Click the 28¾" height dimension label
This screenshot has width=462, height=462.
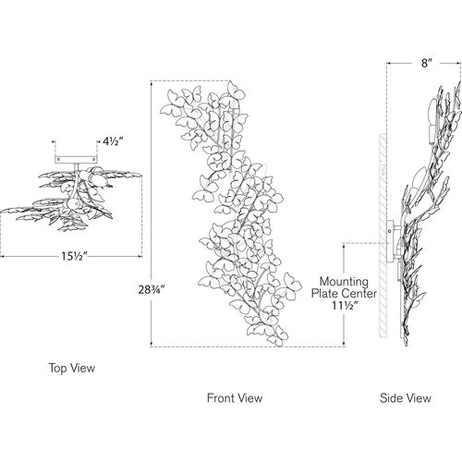pos(152,290)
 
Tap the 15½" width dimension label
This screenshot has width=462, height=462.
pos(74,256)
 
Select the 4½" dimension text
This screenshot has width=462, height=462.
pos(113,141)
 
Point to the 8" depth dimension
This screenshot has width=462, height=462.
pos(425,63)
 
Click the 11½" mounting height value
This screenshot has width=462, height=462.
pos(345,306)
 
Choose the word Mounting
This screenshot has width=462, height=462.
pos(344,282)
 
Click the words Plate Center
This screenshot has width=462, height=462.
pos(344,294)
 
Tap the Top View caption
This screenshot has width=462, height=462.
pos(72,368)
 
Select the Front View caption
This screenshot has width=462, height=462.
pos(235,397)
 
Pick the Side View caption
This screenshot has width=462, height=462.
pos(406,398)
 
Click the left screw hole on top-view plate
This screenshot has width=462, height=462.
pos(58,159)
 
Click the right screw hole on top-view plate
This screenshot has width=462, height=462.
pos(94,159)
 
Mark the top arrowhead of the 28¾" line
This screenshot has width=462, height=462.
pos(151,83)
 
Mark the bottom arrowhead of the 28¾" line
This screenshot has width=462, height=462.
pos(151,345)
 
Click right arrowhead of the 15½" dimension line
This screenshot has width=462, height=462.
pos(140,256)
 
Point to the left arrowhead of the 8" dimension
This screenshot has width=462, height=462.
pos(389,63)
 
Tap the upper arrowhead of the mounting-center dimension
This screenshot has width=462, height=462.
pos(344,246)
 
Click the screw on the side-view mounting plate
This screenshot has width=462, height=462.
pos(390,231)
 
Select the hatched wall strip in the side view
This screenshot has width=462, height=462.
pos(383,235)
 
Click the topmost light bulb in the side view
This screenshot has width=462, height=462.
pos(432,112)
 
